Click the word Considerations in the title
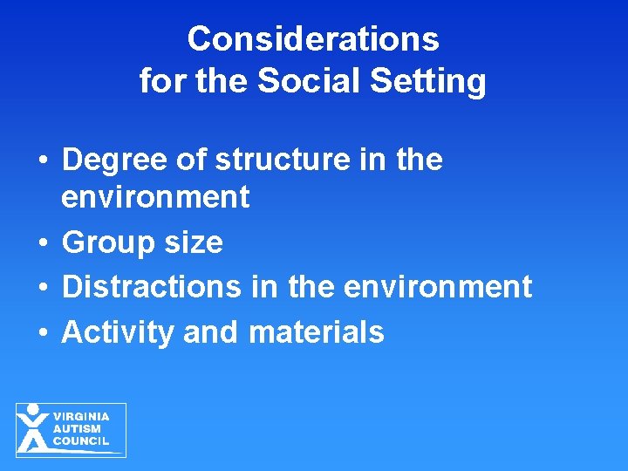click(312, 39)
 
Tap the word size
click(194, 242)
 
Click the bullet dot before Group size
click(41, 243)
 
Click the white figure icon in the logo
click(33, 428)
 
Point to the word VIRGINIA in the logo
click(81, 417)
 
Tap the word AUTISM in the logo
click(77, 429)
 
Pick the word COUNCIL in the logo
click(81, 441)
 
